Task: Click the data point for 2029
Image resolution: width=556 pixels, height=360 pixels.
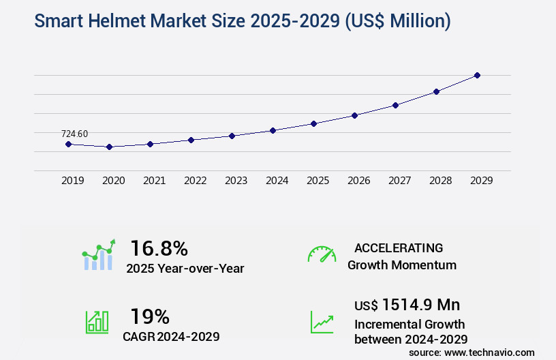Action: pyautogui.click(x=477, y=75)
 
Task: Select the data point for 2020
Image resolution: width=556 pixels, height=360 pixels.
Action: pyautogui.click(x=109, y=147)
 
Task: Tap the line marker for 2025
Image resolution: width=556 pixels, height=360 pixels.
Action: pyautogui.click(x=313, y=123)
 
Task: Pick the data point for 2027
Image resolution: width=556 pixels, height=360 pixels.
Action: pyautogui.click(x=395, y=105)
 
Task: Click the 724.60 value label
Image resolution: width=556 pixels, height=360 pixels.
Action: pyautogui.click(x=74, y=134)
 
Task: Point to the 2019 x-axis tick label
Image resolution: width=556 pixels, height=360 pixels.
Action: pyautogui.click(x=73, y=181)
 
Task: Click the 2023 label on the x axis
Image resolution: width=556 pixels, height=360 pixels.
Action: pyautogui.click(x=236, y=181)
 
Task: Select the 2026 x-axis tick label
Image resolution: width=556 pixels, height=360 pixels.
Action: pyautogui.click(x=359, y=181)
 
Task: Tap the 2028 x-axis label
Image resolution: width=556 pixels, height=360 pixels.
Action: pyautogui.click(x=441, y=181)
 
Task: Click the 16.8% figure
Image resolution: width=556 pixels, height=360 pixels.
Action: pyautogui.click(x=159, y=248)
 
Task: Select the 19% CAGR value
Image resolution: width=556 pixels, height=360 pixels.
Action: pyautogui.click(x=150, y=316)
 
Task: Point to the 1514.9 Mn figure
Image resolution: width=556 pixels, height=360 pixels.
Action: pyautogui.click(x=420, y=305)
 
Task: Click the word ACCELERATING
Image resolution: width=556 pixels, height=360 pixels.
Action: pyautogui.click(x=399, y=247)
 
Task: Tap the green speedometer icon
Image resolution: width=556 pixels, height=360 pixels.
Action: pyautogui.click(x=322, y=254)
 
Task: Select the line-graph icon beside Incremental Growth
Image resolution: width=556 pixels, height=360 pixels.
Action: pyautogui.click(x=322, y=322)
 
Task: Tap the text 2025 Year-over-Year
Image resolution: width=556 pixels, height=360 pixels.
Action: pyautogui.click(x=185, y=269)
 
